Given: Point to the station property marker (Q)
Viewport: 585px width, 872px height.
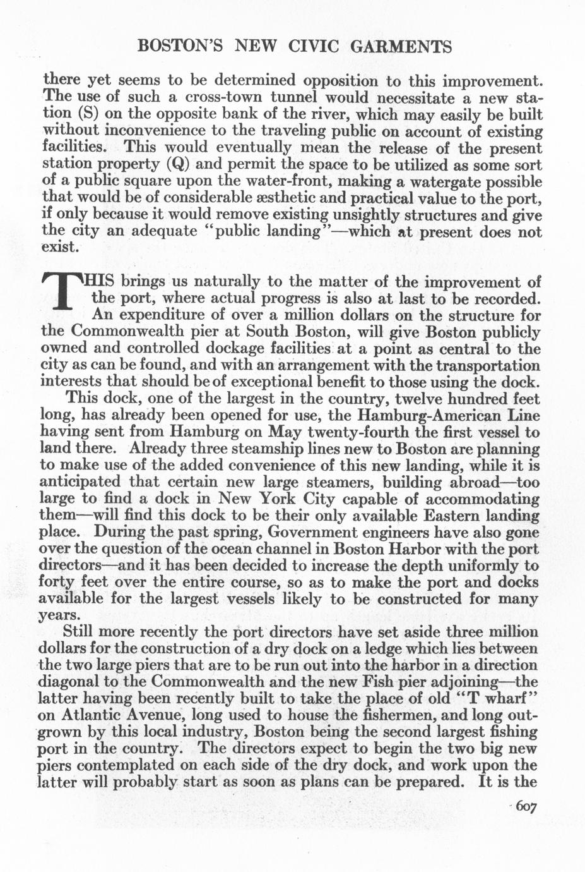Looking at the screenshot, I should tap(179, 164).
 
